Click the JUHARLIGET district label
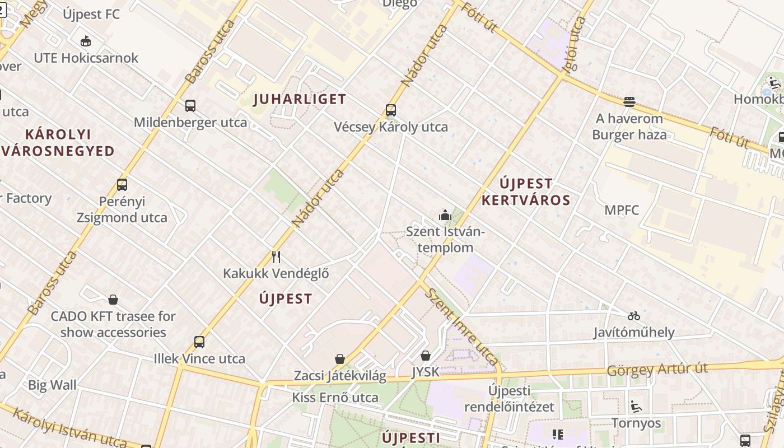click(300, 100)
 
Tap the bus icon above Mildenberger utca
click(190, 105)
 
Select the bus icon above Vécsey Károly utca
click(391, 110)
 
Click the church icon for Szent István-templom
click(445, 214)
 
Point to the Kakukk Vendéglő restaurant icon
click(276, 257)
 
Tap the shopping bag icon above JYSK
click(426, 356)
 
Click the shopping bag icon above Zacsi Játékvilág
click(340, 359)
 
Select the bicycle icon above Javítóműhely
click(634, 316)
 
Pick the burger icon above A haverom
click(629, 102)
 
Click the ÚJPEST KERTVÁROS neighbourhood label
click(526, 192)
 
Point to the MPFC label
click(622, 211)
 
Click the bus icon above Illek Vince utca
click(199, 342)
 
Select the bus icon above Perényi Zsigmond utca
click(122, 184)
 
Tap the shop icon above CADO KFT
click(113, 300)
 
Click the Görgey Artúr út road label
click(657, 370)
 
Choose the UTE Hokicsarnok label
click(86, 58)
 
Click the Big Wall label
click(52, 385)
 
